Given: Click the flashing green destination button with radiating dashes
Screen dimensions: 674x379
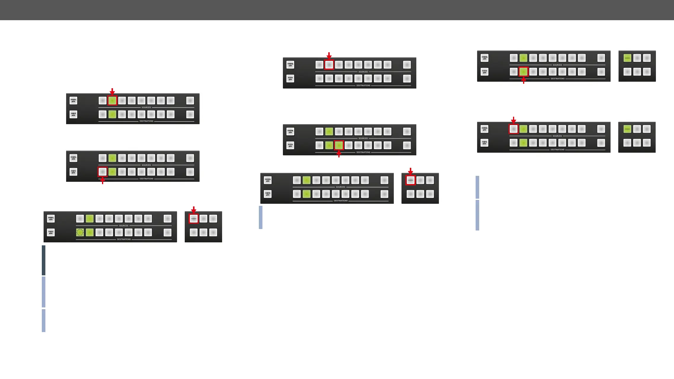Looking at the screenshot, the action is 80,232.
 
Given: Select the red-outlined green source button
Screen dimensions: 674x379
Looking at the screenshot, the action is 112,101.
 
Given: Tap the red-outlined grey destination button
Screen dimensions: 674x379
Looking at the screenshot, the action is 103,172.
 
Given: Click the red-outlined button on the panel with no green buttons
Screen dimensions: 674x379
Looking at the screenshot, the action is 329,65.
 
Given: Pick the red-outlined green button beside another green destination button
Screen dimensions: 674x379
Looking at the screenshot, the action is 339,145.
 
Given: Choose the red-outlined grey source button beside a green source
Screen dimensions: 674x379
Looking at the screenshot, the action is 514,129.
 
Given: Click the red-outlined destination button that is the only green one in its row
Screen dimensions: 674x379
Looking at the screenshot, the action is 523,72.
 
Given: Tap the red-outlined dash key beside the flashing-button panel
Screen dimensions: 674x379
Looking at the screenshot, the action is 194,219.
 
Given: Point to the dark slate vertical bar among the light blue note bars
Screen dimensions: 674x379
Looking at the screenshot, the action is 44,260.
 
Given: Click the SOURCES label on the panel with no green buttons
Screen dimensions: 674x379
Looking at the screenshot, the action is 363,72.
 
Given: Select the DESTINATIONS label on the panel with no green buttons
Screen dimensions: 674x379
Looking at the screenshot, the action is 363,86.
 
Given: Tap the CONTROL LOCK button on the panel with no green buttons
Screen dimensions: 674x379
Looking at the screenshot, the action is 290,65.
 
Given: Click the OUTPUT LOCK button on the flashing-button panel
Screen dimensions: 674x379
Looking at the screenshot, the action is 51,232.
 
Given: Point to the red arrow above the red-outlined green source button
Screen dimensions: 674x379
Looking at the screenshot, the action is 112,91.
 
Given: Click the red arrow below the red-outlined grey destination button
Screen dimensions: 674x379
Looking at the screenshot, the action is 103,180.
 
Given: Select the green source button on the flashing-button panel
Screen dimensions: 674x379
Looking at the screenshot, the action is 90,219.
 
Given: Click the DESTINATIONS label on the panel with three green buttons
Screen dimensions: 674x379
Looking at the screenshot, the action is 363,152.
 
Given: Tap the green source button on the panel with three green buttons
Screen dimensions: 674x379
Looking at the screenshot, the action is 329,131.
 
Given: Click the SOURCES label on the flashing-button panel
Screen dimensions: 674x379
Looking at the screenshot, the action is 124,226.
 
